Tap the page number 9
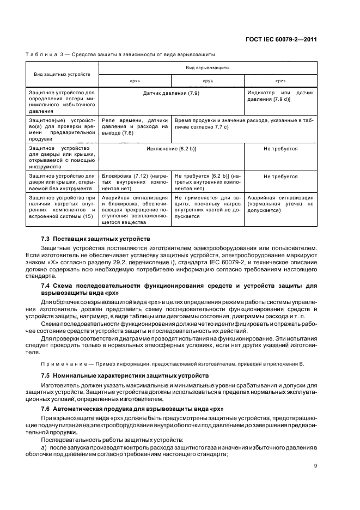point(315,466)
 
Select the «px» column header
point(135,81)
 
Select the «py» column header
point(208,81)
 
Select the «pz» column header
point(280,81)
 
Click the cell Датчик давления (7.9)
point(171,94)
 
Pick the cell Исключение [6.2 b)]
point(171,149)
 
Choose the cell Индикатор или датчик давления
point(280,96)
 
